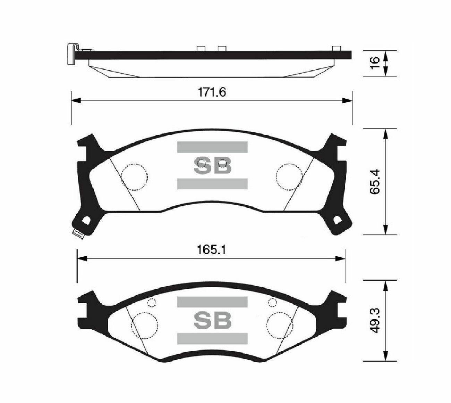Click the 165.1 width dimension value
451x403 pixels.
click(x=212, y=250)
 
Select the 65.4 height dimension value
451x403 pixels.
click(x=375, y=181)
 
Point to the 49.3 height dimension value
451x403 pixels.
click(x=375, y=321)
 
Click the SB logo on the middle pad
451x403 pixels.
click(x=213, y=165)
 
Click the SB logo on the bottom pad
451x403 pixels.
click(x=213, y=320)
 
